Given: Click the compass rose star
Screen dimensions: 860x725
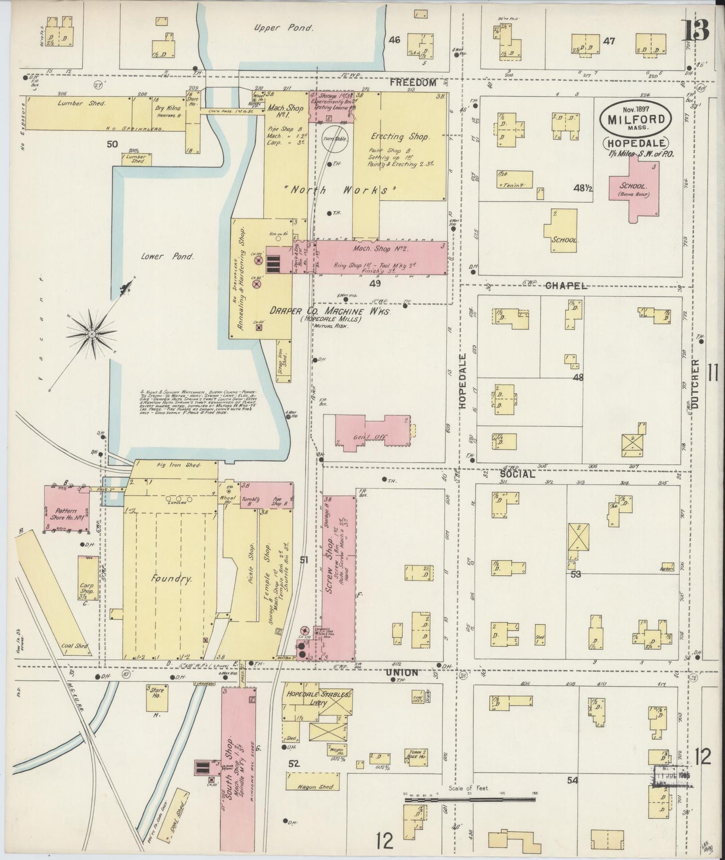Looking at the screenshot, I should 92,333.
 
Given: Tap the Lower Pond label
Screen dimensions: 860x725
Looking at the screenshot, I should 174,256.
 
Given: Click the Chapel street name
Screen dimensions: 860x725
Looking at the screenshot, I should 565,285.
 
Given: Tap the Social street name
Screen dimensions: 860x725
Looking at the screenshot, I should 516,474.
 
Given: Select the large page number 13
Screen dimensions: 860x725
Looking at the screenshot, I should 696,32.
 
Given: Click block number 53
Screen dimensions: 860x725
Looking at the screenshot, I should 575,574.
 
